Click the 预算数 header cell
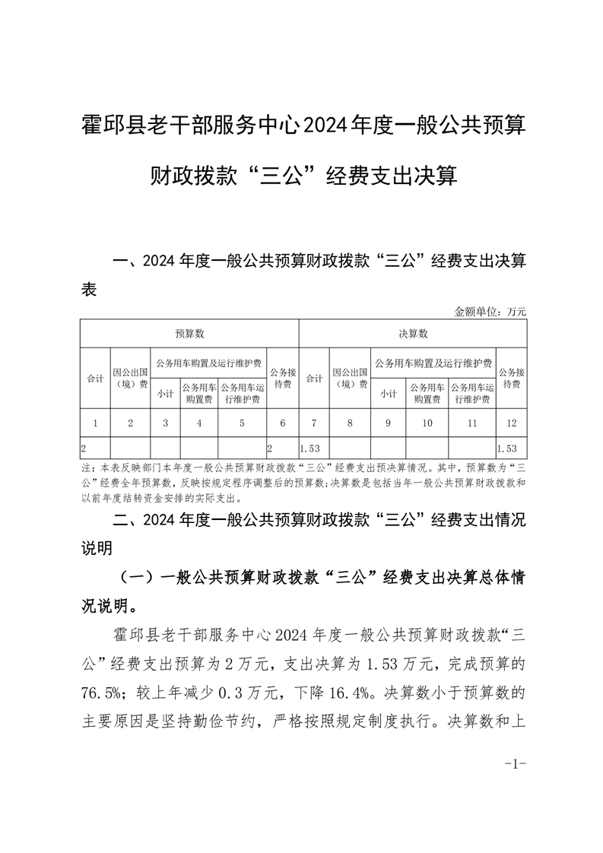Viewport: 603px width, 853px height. click(x=189, y=333)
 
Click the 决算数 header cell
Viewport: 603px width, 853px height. click(x=413, y=333)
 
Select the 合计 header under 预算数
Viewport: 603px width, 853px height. click(x=95, y=378)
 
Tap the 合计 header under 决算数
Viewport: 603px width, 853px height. click(x=313, y=378)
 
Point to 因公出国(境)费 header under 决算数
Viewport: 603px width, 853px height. click(x=350, y=378)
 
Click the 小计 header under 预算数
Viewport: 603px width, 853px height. click(x=166, y=393)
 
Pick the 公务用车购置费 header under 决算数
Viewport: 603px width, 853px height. click(x=427, y=393)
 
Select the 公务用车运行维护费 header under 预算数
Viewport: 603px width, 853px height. click(x=242, y=393)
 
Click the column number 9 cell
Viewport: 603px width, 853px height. click(x=388, y=423)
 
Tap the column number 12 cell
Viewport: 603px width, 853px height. click(x=509, y=423)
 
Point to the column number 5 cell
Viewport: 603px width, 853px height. click(x=242, y=423)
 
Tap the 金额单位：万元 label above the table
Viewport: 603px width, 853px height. click(x=490, y=311)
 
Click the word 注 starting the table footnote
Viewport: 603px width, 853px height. click(x=84, y=465)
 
